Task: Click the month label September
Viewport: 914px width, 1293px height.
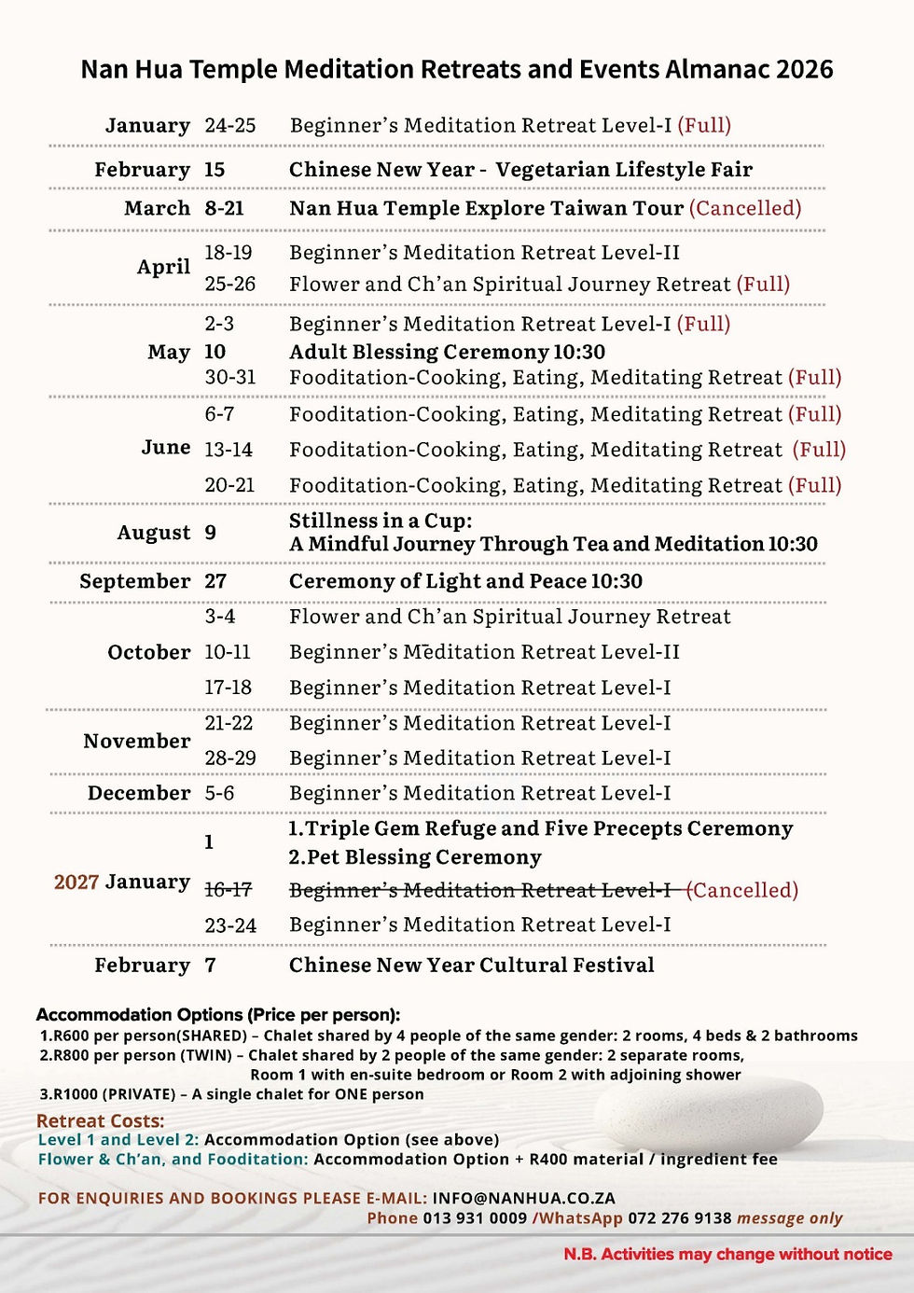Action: [134, 581]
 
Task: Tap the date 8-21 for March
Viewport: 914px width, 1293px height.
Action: [224, 208]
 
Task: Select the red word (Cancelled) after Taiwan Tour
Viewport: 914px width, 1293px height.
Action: [744, 208]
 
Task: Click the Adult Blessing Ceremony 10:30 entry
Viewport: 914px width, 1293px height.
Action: [447, 352]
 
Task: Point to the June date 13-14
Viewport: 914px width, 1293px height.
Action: [228, 450]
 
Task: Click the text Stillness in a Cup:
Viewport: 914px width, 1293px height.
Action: [381, 521]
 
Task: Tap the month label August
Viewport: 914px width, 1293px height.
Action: [153, 533]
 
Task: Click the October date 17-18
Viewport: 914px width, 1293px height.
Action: [228, 688]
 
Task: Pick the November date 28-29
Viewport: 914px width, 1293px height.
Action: [230, 758]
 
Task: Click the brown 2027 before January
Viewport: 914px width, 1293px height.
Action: [76, 883]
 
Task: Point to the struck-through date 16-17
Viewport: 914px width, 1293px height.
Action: [228, 890]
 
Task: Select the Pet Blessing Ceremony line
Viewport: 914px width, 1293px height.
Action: [415, 857]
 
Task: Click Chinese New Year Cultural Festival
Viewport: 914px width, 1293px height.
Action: [471, 966]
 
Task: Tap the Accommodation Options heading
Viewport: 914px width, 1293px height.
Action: [217, 1015]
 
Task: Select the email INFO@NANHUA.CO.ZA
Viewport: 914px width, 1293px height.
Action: [523, 1198]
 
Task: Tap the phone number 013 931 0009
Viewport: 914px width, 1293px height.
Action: [475, 1218]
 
